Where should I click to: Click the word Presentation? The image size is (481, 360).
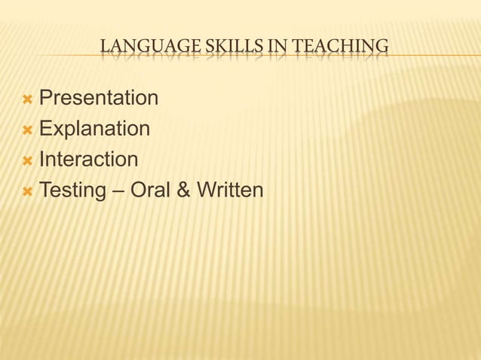(98, 99)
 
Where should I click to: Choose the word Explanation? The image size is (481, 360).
(94, 129)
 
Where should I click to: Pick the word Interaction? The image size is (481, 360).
(88, 160)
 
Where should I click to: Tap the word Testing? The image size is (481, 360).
(71, 191)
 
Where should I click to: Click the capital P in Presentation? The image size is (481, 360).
(45, 99)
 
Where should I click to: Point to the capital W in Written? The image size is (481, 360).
(207, 191)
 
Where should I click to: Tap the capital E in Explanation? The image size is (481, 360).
(45, 129)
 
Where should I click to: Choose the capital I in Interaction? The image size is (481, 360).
(41, 160)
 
